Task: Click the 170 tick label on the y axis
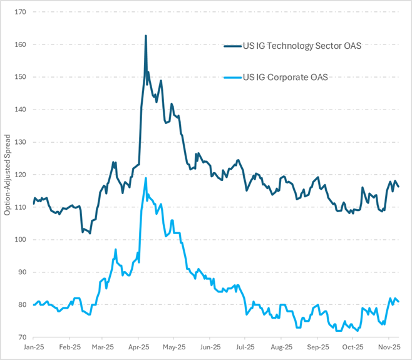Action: pos(20,12)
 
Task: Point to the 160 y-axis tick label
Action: pos(20,44)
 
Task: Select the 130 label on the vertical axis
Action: pos(20,142)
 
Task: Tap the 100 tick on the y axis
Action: pos(20,240)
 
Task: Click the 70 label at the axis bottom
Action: pos(22,337)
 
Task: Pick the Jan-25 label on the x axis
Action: pos(33,346)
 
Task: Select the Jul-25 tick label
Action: pos(245,346)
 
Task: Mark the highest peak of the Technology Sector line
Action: pos(146,36)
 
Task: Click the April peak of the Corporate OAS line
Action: pos(146,178)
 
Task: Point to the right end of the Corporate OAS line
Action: pos(399,302)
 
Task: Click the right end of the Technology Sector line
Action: pos(399,187)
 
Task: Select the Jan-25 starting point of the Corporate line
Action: pos(34,305)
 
